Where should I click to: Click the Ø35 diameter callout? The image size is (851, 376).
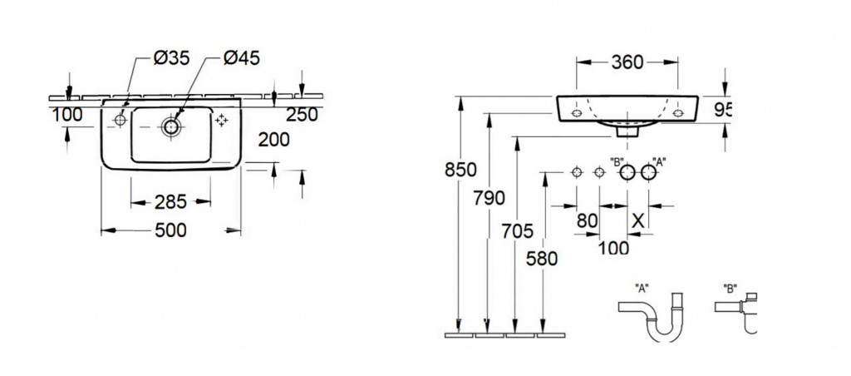(x=171, y=57)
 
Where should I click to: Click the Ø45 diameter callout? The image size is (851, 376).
(x=242, y=57)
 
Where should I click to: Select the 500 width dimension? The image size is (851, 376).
(x=171, y=230)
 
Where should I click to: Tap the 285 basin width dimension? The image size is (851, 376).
(x=171, y=202)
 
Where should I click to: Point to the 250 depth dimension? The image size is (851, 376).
(x=303, y=115)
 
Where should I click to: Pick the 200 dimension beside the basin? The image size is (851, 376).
(x=273, y=141)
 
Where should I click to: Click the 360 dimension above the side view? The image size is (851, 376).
(x=627, y=62)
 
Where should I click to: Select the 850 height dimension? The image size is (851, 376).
(x=460, y=170)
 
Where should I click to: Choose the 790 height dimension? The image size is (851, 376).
(x=489, y=198)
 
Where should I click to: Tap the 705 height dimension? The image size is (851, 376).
(x=518, y=231)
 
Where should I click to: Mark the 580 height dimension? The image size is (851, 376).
(x=542, y=260)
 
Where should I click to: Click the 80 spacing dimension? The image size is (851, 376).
(x=588, y=220)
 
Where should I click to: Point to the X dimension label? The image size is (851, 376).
(x=639, y=220)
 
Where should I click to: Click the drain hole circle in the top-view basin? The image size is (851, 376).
(x=171, y=126)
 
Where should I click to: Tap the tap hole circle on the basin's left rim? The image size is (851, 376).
(x=120, y=120)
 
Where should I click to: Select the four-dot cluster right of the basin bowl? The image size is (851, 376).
(x=221, y=121)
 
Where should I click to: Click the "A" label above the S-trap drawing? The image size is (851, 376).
(x=642, y=289)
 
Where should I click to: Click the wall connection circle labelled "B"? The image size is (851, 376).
(x=627, y=173)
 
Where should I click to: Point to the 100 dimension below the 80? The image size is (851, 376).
(x=614, y=248)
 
